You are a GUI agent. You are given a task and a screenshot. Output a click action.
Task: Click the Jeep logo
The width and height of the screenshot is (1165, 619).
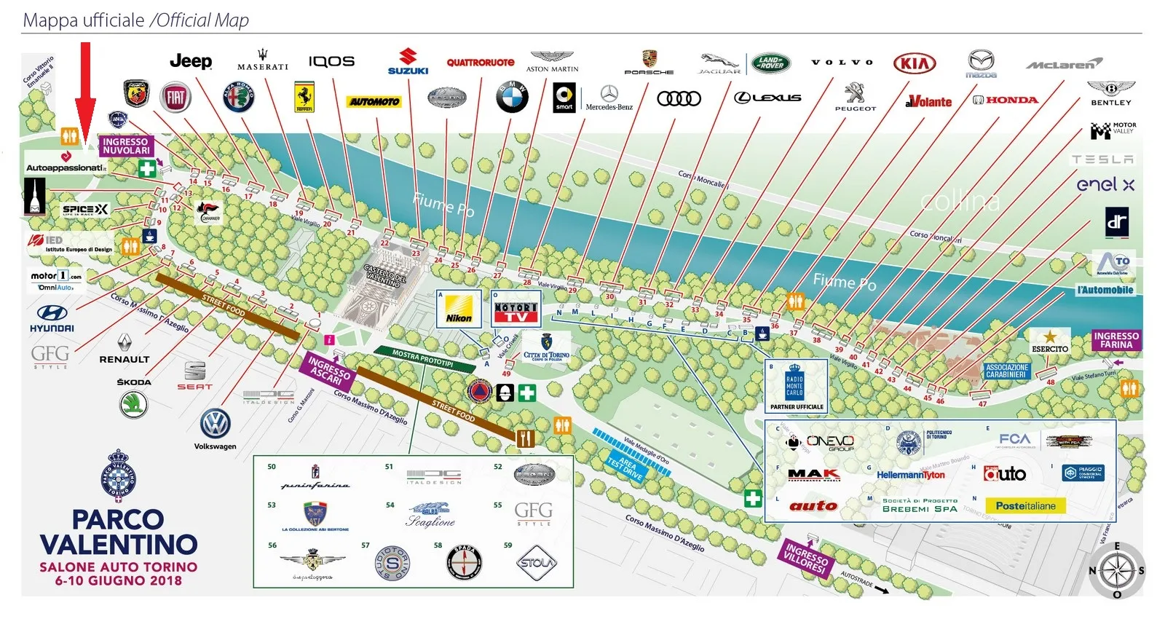[191, 61]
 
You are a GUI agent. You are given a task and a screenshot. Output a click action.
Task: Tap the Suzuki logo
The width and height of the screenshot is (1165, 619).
[408, 61]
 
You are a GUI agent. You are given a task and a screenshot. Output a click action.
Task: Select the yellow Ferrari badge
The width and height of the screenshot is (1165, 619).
[304, 98]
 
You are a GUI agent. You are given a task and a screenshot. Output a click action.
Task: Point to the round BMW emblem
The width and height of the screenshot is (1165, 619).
[512, 97]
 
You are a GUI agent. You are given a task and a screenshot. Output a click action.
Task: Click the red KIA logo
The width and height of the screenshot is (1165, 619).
[914, 64]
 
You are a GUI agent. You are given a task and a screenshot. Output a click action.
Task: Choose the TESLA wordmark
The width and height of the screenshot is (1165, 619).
[1102, 159]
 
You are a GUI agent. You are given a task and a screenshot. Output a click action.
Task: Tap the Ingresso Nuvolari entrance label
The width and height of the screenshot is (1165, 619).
[126, 146]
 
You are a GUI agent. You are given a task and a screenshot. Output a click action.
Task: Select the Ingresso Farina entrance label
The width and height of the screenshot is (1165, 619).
[1115, 340]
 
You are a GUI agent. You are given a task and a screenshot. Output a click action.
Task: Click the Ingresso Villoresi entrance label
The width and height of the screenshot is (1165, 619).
[806, 559]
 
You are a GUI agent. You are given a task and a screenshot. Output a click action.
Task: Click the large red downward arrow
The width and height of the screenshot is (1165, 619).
[86, 95]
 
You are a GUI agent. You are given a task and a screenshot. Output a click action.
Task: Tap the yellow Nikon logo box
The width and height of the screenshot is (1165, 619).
[459, 309]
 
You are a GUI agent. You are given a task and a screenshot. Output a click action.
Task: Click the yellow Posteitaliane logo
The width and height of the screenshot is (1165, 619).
[1025, 505]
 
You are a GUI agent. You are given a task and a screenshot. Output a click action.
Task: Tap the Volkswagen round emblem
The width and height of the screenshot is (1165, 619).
[215, 424]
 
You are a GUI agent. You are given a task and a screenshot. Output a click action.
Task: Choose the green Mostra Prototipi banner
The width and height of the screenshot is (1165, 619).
[422, 359]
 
